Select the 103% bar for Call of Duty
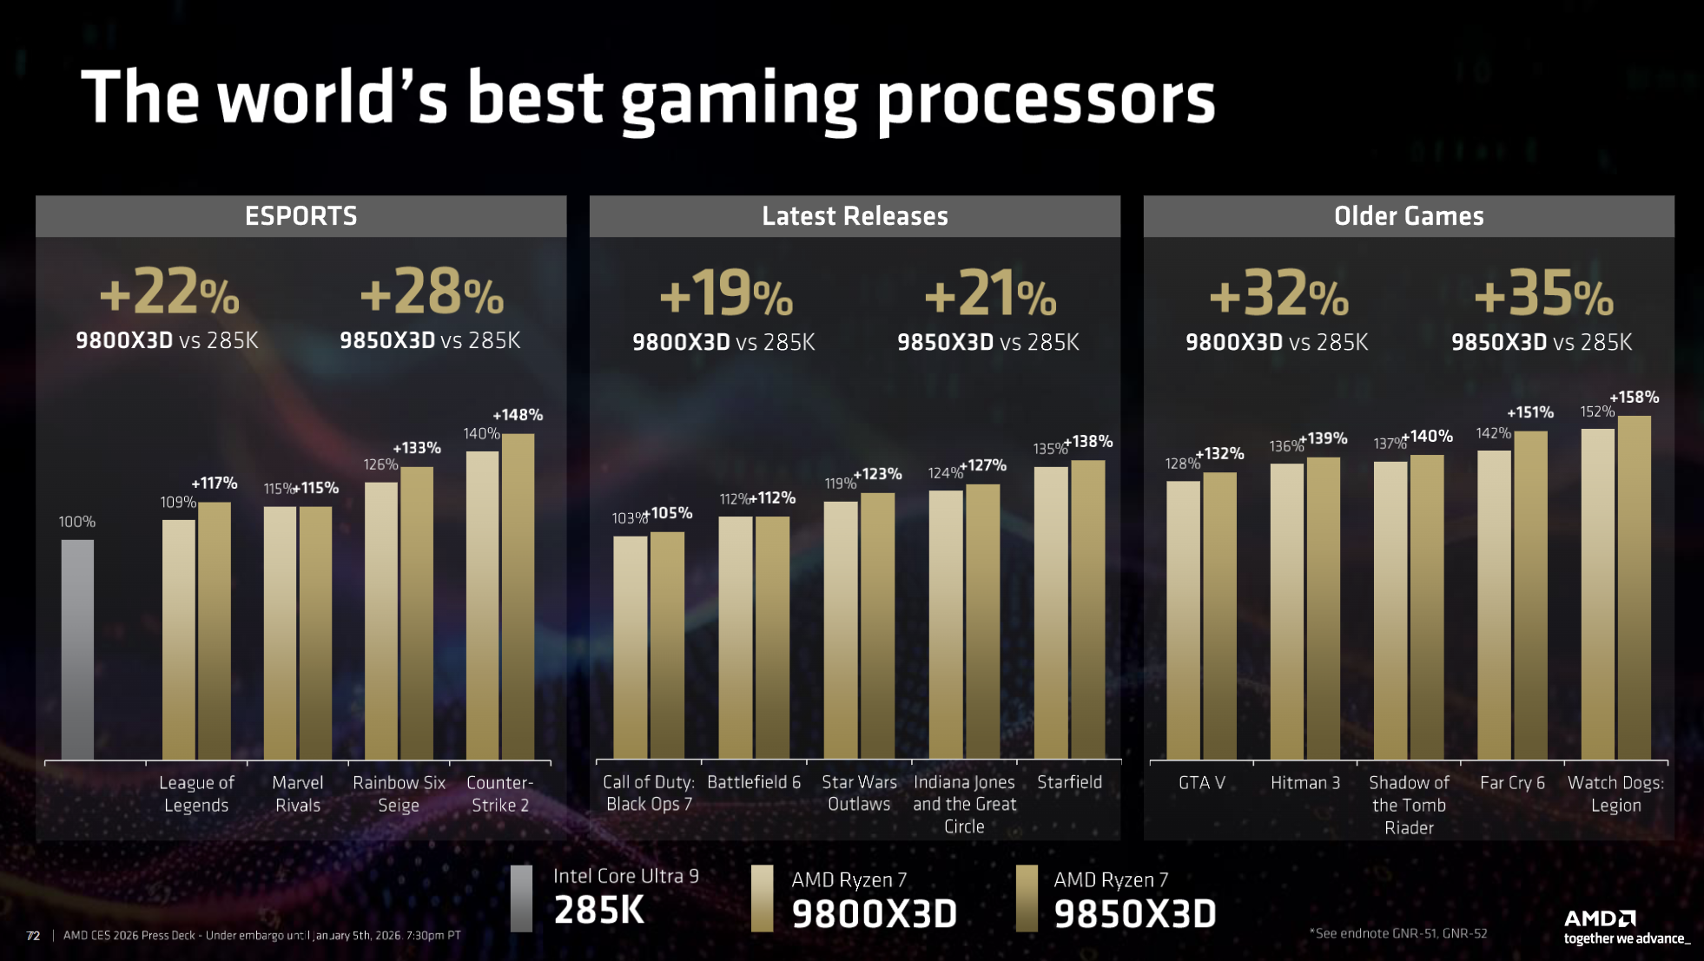(631, 647)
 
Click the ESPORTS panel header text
(301, 216)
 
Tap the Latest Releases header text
(855, 216)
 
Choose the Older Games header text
(1409, 216)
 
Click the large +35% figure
(1543, 293)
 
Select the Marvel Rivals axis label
(298, 793)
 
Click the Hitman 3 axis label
(1304, 783)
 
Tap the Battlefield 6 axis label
(754, 782)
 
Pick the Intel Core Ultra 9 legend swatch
(521, 898)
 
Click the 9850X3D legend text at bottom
(1134, 914)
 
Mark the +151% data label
(1529, 412)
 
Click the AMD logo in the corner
(1600, 918)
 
